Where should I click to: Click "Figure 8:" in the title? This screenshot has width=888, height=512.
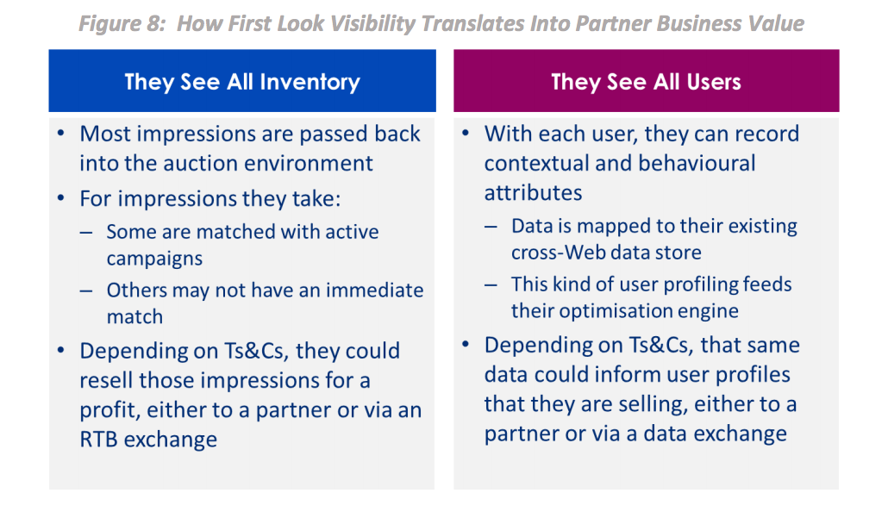tap(122, 24)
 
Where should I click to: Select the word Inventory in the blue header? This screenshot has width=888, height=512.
tap(310, 82)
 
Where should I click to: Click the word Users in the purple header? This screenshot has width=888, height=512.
tap(714, 82)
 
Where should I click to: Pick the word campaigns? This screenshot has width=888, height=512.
tap(154, 259)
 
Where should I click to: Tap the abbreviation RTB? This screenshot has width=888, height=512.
tap(99, 440)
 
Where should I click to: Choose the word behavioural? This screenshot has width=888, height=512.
tap(697, 163)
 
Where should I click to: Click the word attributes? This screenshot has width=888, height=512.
tap(533, 193)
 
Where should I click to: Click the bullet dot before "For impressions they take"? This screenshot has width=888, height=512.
tap(61, 198)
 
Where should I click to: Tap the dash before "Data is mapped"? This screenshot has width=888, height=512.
tap(491, 227)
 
